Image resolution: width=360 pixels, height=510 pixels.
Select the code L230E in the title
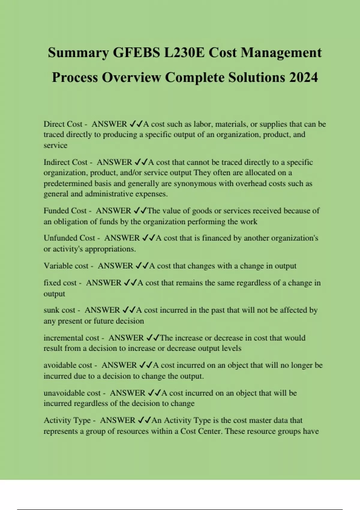pyautogui.click(x=184, y=53)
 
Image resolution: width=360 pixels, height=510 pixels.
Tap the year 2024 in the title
pyautogui.click(x=303, y=77)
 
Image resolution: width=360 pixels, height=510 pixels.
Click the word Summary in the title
pyautogui.click(x=78, y=53)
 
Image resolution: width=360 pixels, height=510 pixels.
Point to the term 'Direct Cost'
pyautogui.click(x=63, y=124)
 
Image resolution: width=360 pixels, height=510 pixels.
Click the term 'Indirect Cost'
pyautogui.click(x=65, y=162)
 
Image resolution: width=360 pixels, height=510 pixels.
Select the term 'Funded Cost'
pyautogui.click(x=65, y=211)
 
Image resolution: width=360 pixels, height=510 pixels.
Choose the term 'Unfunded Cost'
pyautogui.click(x=69, y=238)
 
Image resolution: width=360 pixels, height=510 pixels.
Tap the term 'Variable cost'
pyautogui.click(x=66, y=266)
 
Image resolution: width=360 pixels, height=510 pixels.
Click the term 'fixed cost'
pyautogui.click(x=60, y=283)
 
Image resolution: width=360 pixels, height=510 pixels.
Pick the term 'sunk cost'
pyautogui.click(x=59, y=310)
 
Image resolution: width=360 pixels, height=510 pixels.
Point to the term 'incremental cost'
pyautogui.click(x=71, y=338)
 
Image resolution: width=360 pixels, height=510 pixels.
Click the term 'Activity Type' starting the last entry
pyautogui.click(x=67, y=420)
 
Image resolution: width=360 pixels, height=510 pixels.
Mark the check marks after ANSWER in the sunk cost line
pyautogui.click(x=129, y=310)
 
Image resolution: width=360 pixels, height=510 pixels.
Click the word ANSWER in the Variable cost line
pyautogui.click(x=115, y=266)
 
